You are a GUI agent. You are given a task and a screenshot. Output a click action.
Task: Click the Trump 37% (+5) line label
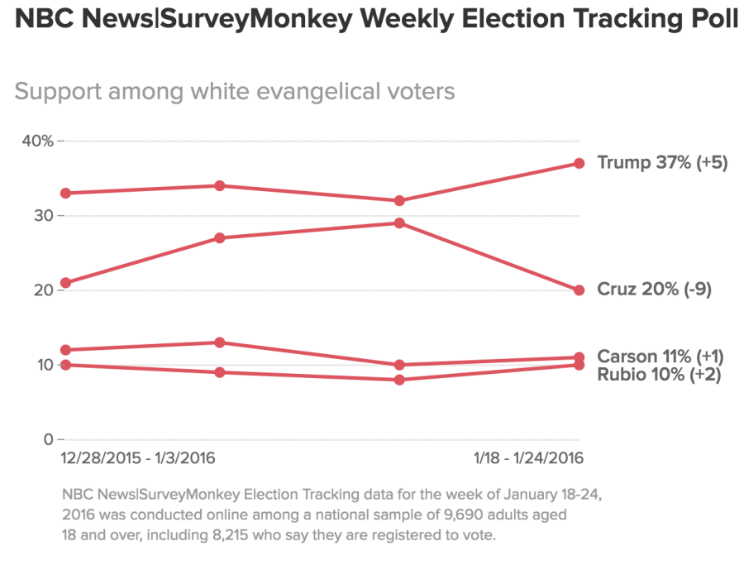[x=661, y=163]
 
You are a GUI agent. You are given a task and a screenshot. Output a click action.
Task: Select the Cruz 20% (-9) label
[x=654, y=290]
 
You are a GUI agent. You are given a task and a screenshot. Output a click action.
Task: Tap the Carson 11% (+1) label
[x=661, y=357]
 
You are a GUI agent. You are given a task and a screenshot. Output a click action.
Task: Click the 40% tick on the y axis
[x=36, y=141]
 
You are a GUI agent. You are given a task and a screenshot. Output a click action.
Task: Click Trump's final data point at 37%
[x=579, y=163]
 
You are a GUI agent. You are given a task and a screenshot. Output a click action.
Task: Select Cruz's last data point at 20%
[x=579, y=290]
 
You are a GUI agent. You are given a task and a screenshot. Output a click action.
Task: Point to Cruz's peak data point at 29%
[x=399, y=223]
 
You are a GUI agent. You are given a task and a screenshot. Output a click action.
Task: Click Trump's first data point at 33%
[x=64, y=193]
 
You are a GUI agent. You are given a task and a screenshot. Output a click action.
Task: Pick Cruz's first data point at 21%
[x=64, y=283]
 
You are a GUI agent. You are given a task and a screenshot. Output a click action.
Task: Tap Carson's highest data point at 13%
[x=220, y=342]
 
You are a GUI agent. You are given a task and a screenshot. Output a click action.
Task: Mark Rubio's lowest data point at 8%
[x=399, y=380]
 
